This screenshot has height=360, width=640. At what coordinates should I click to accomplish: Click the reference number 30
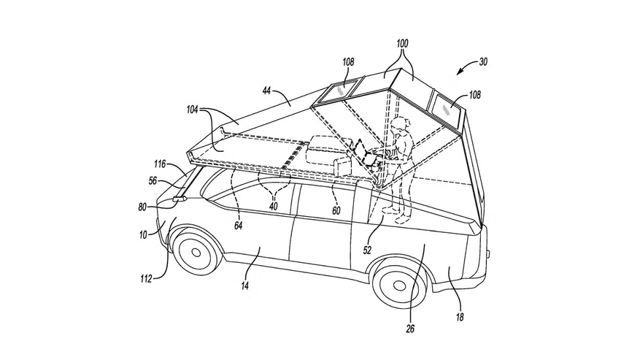pos(483,61)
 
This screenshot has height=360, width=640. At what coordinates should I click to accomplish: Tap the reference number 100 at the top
pos(402,43)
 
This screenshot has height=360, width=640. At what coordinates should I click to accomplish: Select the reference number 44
pos(266,91)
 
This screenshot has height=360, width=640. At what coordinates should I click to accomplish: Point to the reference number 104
pos(193,109)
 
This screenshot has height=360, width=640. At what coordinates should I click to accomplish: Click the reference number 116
pos(160,164)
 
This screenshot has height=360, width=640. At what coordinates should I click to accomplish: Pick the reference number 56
pos(153,180)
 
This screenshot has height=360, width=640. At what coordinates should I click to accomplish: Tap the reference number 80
pos(142,207)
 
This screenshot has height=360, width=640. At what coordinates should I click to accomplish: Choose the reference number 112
pos(146,279)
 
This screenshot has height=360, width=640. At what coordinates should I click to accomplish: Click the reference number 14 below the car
pos(245,286)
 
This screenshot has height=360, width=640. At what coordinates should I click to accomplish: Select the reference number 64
pos(239,225)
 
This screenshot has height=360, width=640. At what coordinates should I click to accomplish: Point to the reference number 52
pos(367,250)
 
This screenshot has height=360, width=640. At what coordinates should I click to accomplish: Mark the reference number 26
pos(411,328)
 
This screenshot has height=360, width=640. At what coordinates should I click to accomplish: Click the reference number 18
pos(460,317)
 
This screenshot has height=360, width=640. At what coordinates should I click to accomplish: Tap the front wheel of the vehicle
pos(196,251)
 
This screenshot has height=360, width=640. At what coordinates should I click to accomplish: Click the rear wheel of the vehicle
pos(400,283)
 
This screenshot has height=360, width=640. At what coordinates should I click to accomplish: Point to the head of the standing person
pos(399,124)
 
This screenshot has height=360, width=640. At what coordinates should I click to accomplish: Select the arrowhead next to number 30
pos(460,72)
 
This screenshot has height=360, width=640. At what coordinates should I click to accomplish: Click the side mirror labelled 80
pos(180,199)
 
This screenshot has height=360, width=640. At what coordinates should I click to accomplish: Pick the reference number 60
pos(336,210)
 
